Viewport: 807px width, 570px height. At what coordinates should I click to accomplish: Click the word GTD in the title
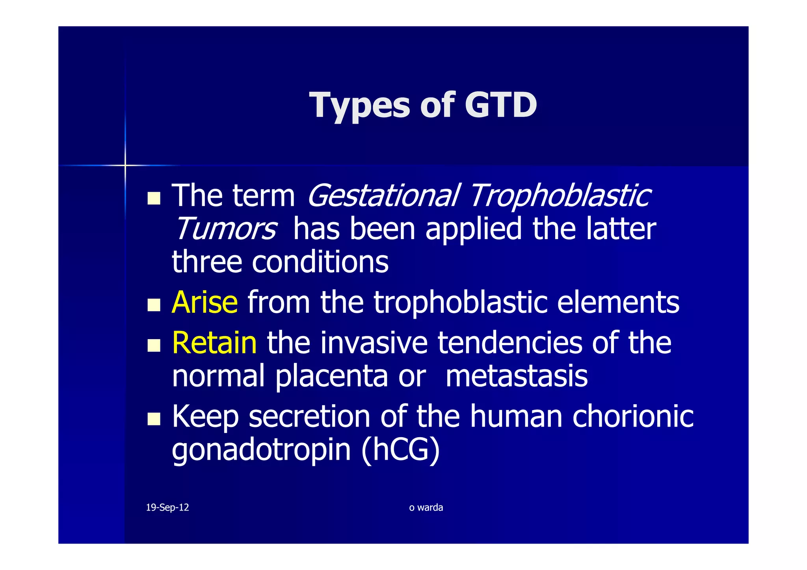(x=500, y=105)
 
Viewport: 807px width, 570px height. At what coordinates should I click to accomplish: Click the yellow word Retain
(x=215, y=343)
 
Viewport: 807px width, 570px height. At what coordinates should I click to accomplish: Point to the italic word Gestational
(x=383, y=196)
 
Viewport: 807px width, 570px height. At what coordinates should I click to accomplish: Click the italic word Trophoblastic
(x=560, y=196)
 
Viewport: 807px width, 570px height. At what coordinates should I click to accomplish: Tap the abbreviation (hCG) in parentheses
(x=400, y=450)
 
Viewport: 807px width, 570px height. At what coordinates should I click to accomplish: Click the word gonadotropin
(x=261, y=450)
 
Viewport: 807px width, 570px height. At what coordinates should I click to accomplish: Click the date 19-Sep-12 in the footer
(x=167, y=507)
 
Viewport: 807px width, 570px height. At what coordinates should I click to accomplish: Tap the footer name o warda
(x=426, y=507)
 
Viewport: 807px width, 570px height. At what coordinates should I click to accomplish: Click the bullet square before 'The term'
(x=154, y=199)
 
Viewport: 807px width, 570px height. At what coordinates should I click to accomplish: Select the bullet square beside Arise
(x=154, y=305)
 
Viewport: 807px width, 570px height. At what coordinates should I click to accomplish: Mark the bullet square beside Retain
(x=154, y=345)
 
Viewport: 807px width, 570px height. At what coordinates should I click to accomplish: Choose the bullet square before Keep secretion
(x=154, y=419)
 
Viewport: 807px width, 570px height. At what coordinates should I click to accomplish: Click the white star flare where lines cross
(x=125, y=165)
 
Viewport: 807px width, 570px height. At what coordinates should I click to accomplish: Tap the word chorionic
(x=632, y=417)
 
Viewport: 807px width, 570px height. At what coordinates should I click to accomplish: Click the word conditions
(x=320, y=262)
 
